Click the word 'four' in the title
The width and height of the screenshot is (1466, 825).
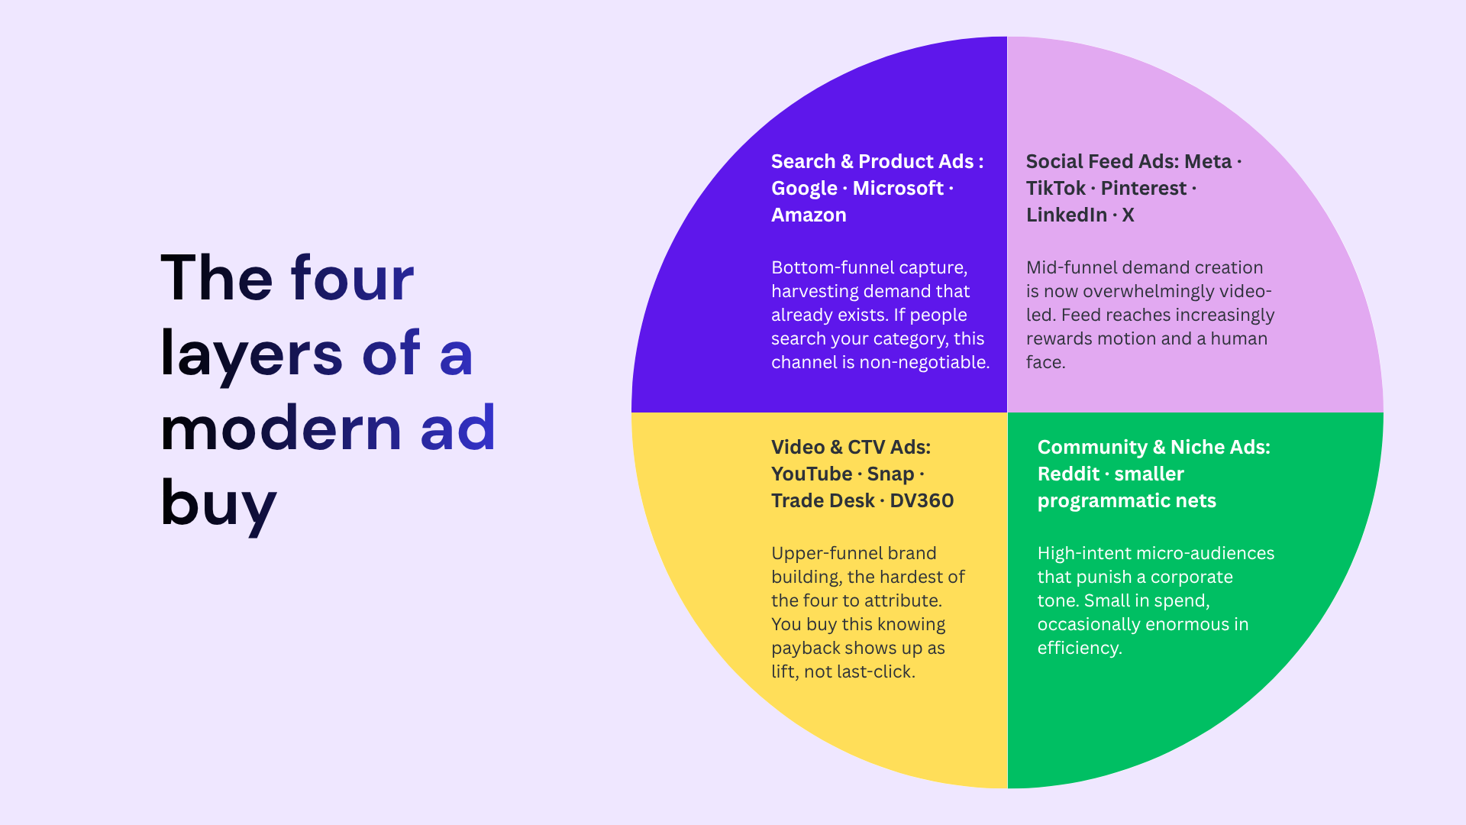(353, 279)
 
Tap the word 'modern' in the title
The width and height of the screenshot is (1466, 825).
(281, 428)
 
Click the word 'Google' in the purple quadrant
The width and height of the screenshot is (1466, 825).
(804, 189)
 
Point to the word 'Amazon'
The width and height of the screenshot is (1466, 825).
(809, 215)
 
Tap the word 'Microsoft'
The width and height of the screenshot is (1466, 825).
(898, 188)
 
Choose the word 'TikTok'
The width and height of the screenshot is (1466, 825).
(1055, 188)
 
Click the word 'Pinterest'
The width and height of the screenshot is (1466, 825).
(1143, 188)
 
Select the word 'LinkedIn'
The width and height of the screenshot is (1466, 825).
(1066, 215)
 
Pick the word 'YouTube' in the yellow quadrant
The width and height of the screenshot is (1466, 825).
(812, 474)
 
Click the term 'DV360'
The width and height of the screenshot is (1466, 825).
(922, 501)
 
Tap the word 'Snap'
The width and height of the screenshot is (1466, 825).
(890, 475)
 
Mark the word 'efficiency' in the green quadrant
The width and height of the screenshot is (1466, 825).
(1077, 649)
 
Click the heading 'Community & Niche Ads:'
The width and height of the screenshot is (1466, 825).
(1154, 448)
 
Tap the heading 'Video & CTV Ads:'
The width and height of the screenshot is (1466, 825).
(851, 448)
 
